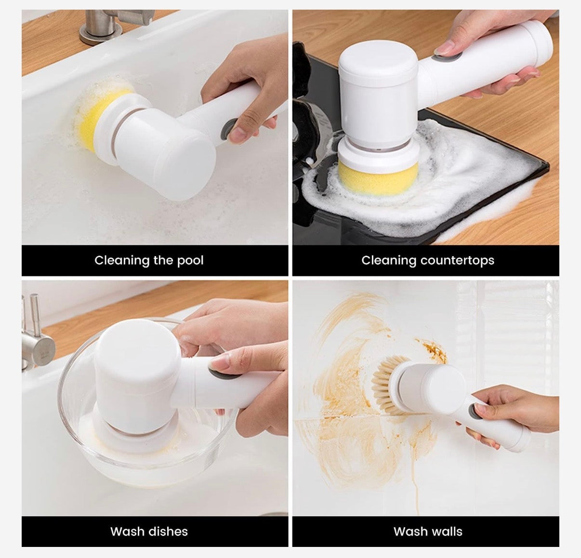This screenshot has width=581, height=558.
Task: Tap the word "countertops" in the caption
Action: (x=457, y=261)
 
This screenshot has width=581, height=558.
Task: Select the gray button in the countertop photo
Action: (x=446, y=57)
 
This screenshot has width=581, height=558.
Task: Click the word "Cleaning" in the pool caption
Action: (x=122, y=261)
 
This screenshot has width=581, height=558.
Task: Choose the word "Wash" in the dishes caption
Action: (x=124, y=532)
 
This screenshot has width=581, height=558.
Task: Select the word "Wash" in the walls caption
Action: (x=408, y=532)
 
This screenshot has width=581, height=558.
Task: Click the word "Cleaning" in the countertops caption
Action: (x=389, y=261)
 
